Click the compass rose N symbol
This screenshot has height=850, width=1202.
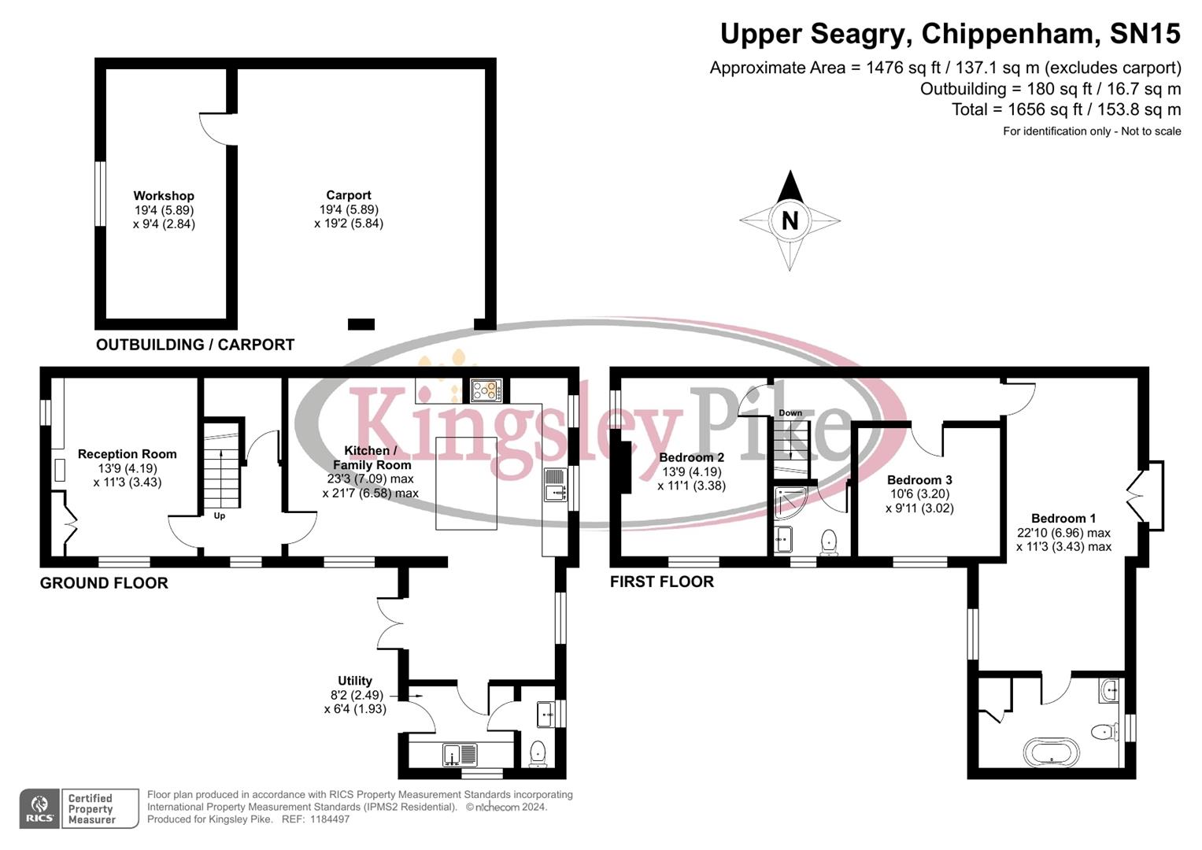click(x=790, y=220)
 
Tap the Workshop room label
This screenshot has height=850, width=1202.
click(x=164, y=196)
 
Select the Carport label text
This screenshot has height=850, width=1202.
click(x=349, y=195)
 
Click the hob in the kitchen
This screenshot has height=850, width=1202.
click(x=486, y=390)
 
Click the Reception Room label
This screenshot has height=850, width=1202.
click(x=127, y=454)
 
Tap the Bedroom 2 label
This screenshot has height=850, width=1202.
click(x=691, y=457)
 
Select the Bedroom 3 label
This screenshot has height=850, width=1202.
click(x=919, y=480)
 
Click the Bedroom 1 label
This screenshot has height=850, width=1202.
click(x=1063, y=518)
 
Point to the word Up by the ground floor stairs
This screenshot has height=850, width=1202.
click(x=220, y=516)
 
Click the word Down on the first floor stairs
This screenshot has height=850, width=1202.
click(x=790, y=413)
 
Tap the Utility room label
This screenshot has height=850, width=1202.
click(x=355, y=681)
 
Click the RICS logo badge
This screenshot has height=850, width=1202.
click(x=39, y=808)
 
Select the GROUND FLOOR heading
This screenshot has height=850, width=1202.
click(x=104, y=583)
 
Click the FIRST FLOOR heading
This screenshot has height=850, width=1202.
click(x=662, y=582)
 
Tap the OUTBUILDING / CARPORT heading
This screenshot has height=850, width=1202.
click(x=195, y=345)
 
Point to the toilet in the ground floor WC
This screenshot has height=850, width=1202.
click(x=538, y=752)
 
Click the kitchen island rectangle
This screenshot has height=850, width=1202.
click(x=467, y=484)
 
